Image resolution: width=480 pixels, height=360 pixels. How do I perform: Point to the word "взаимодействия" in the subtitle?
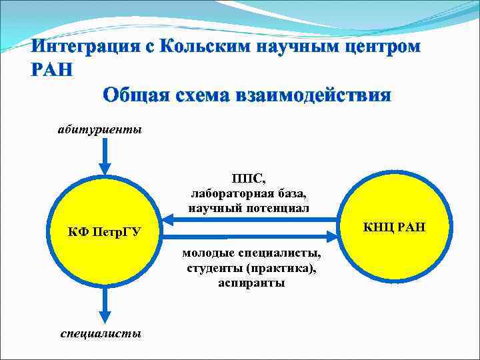point(313,95)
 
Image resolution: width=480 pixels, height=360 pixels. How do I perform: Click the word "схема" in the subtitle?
point(197,95)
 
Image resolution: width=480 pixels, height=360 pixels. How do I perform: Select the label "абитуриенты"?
point(99,129)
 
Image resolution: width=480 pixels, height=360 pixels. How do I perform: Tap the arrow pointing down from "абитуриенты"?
point(104,157)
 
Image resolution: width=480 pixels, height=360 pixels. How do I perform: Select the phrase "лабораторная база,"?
point(249,193)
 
